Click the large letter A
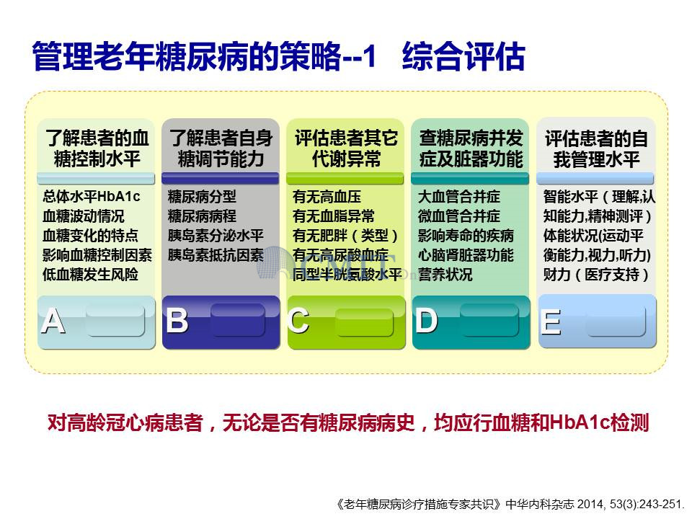(53, 321)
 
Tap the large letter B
(177, 320)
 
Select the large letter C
(298, 320)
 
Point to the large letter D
(426, 320)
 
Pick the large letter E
(551, 321)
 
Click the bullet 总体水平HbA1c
(92, 196)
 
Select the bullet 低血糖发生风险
(91, 275)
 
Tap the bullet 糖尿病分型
(202, 196)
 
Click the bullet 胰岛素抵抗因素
(216, 255)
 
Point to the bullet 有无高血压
(327, 196)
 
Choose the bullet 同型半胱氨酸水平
(347, 275)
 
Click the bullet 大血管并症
(459, 196)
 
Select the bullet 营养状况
(445, 275)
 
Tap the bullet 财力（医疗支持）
(596, 275)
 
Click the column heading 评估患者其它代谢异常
(346, 148)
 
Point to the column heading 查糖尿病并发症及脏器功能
(471, 148)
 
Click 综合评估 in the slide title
(463, 56)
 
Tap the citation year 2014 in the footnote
(591, 504)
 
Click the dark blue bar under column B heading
(221, 178)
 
